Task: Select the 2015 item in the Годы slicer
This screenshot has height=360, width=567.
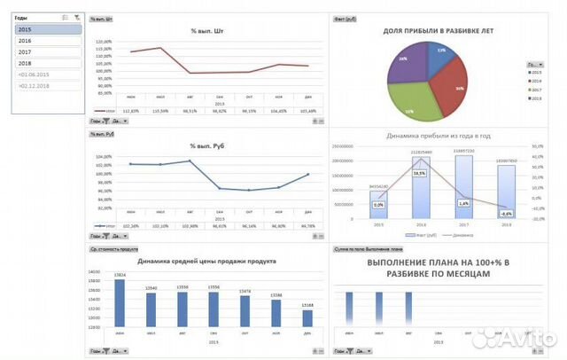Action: click(x=48, y=29)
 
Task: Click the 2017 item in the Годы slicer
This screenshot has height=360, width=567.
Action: click(x=48, y=51)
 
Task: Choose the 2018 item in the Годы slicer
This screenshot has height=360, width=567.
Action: click(x=48, y=63)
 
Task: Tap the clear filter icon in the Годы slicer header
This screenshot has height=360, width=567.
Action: click(x=77, y=18)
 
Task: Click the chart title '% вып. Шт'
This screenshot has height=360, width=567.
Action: click(x=205, y=32)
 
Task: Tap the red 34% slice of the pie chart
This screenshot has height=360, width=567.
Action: click(x=454, y=89)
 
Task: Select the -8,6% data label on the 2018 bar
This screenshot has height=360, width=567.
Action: click(x=506, y=214)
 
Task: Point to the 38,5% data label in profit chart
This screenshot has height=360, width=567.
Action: click(x=419, y=173)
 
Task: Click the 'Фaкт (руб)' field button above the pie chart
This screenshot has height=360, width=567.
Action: click(x=345, y=19)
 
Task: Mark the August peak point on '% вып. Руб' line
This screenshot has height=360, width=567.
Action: click(x=190, y=160)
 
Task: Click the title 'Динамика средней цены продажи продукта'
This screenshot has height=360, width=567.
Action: click(x=206, y=262)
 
